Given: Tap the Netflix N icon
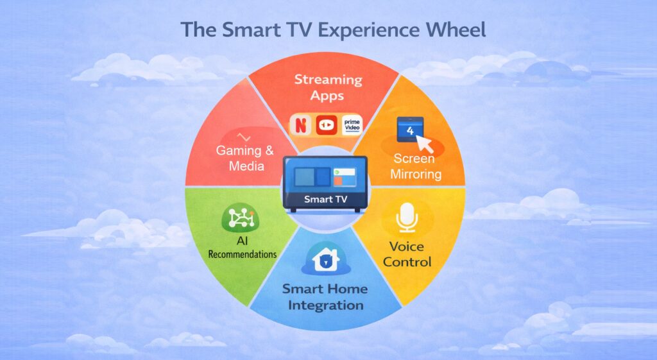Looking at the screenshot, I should pos(300,123).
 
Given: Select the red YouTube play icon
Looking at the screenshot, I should pos(327,123).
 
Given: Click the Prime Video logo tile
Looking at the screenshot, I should pos(353,123).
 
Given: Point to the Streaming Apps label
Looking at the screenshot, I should pos(328,88).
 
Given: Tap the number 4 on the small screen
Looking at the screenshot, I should pos(408,130).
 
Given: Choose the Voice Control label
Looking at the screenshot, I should pos(411,253).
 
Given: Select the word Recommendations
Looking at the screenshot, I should pos(243,254).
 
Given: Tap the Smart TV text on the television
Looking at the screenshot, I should pos(325,199).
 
